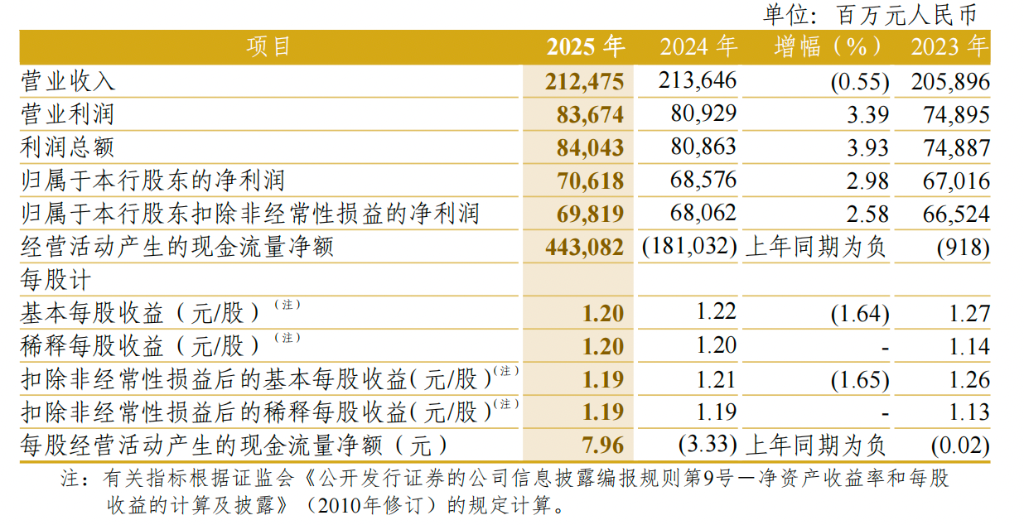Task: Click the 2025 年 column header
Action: pos(584,47)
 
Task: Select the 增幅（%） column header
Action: pos(816,47)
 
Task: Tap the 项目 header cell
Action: pos(269,47)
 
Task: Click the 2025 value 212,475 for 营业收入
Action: pos(584,81)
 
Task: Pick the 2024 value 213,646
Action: pos(698,81)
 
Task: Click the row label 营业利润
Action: pos(67,114)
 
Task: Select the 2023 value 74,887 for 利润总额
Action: pos(955,148)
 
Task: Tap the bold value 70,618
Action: pos(590,181)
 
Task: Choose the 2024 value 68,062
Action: pos(703,214)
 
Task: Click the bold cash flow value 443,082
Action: pos(584,248)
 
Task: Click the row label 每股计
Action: pos(55,280)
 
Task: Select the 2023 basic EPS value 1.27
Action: pos(969,314)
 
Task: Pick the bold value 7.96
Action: pos(603,446)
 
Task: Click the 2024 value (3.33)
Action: pos(708,446)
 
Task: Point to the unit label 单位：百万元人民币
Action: pos(870,14)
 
